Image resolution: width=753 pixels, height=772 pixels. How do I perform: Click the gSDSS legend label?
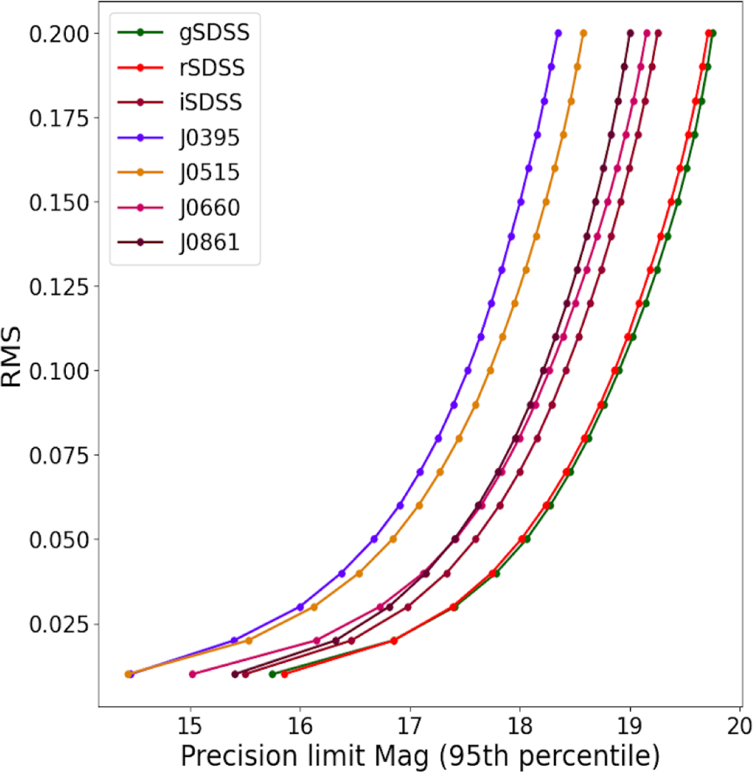pyautogui.click(x=215, y=33)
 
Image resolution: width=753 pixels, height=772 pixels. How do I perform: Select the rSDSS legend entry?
pyautogui.click(x=212, y=68)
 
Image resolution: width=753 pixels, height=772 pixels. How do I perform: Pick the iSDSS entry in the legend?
pyautogui.click(x=210, y=102)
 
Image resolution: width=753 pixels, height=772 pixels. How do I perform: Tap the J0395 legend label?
pyautogui.click(x=210, y=138)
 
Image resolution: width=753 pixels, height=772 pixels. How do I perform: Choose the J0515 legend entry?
pyautogui.click(x=210, y=172)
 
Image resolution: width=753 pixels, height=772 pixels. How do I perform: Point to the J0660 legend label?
pyautogui.click(x=210, y=208)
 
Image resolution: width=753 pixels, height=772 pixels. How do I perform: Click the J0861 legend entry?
pyautogui.click(x=210, y=242)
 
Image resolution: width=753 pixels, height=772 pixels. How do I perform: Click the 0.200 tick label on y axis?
pyautogui.click(x=59, y=34)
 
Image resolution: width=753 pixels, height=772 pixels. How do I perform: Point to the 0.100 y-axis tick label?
pyautogui.click(x=59, y=371)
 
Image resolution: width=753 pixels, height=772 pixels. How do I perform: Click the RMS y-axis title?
pyautogui.click(x=11, y=356)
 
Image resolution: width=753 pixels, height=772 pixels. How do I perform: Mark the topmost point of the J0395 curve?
pyautogui.click(x=558, y=33)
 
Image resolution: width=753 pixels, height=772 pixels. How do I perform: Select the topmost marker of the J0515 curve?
pyautogui.click(x=583, y=33)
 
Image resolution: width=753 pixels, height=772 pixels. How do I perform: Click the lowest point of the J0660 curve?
pyautogui.click(x=193, y=674)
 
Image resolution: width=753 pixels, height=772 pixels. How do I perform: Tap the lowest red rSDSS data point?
pyautogui.click(x=284, y=674)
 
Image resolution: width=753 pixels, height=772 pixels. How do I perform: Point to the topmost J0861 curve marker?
pyautogui.click(x=630, y=33)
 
